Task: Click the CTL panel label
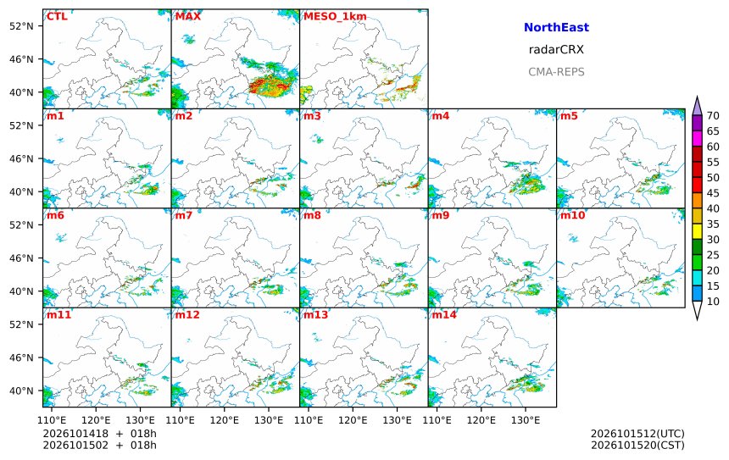click(57, 16)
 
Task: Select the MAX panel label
click(188, 16)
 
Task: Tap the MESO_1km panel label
click(335, 17)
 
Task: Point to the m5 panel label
click(569, 116)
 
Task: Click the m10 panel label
click(572, 215)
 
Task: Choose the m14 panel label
click(444, 314)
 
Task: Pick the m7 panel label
click(183, 215)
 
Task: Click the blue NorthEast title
click(556, 27)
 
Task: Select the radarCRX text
click(556, 50)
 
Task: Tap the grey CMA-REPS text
click(556, 72)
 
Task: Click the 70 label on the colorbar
click(713, 116)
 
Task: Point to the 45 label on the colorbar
click(713, 193)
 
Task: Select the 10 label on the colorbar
click(713, 302)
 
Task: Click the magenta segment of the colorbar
click(697, 139)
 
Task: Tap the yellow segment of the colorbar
click(697, 232)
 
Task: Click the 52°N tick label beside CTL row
click(21, 26)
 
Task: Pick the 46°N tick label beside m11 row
click(21, 357)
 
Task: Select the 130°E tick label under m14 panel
click(526, 420)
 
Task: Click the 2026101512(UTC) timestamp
click(637, 434)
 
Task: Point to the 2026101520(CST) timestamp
click(637, 445)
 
